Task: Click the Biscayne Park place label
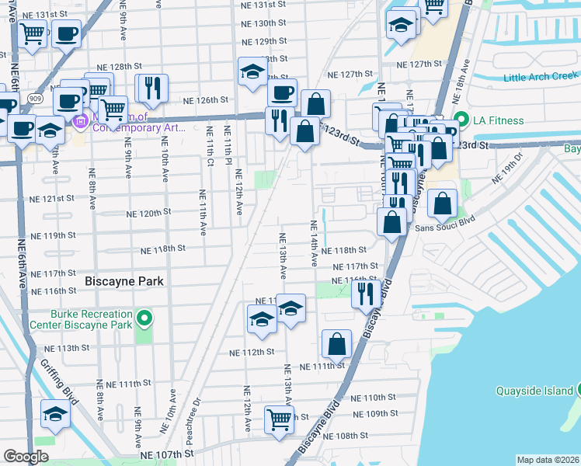coord(124,281)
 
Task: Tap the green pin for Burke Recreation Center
coord(144,318)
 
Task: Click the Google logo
coord(26,457)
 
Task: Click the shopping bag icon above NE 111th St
coord(336,343)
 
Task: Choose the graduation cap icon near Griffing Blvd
coord(55,416)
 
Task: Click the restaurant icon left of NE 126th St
coord(151,89)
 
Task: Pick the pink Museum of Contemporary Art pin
coord(81,122)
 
